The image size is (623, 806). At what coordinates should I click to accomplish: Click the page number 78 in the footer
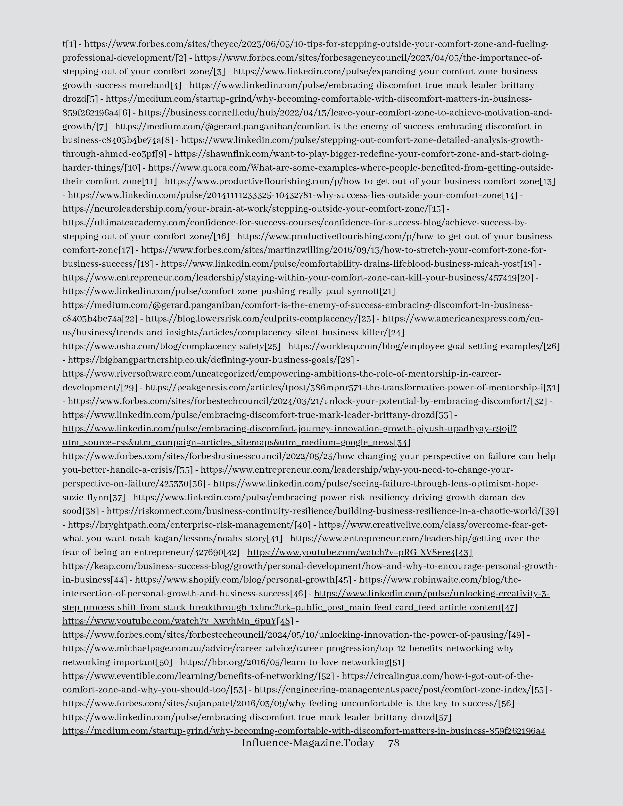click(393, 742)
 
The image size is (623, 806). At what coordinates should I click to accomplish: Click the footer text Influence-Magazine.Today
click(307, 742)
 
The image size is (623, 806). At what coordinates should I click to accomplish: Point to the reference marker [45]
click(343, 580)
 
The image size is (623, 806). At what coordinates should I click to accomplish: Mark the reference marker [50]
click(164, 662)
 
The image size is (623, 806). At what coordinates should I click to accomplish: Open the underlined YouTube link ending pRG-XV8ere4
click(351, 552)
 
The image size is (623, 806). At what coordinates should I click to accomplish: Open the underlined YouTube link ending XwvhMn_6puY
click(169, 621)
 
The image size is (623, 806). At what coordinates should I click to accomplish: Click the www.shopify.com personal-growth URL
click(234, 580)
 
